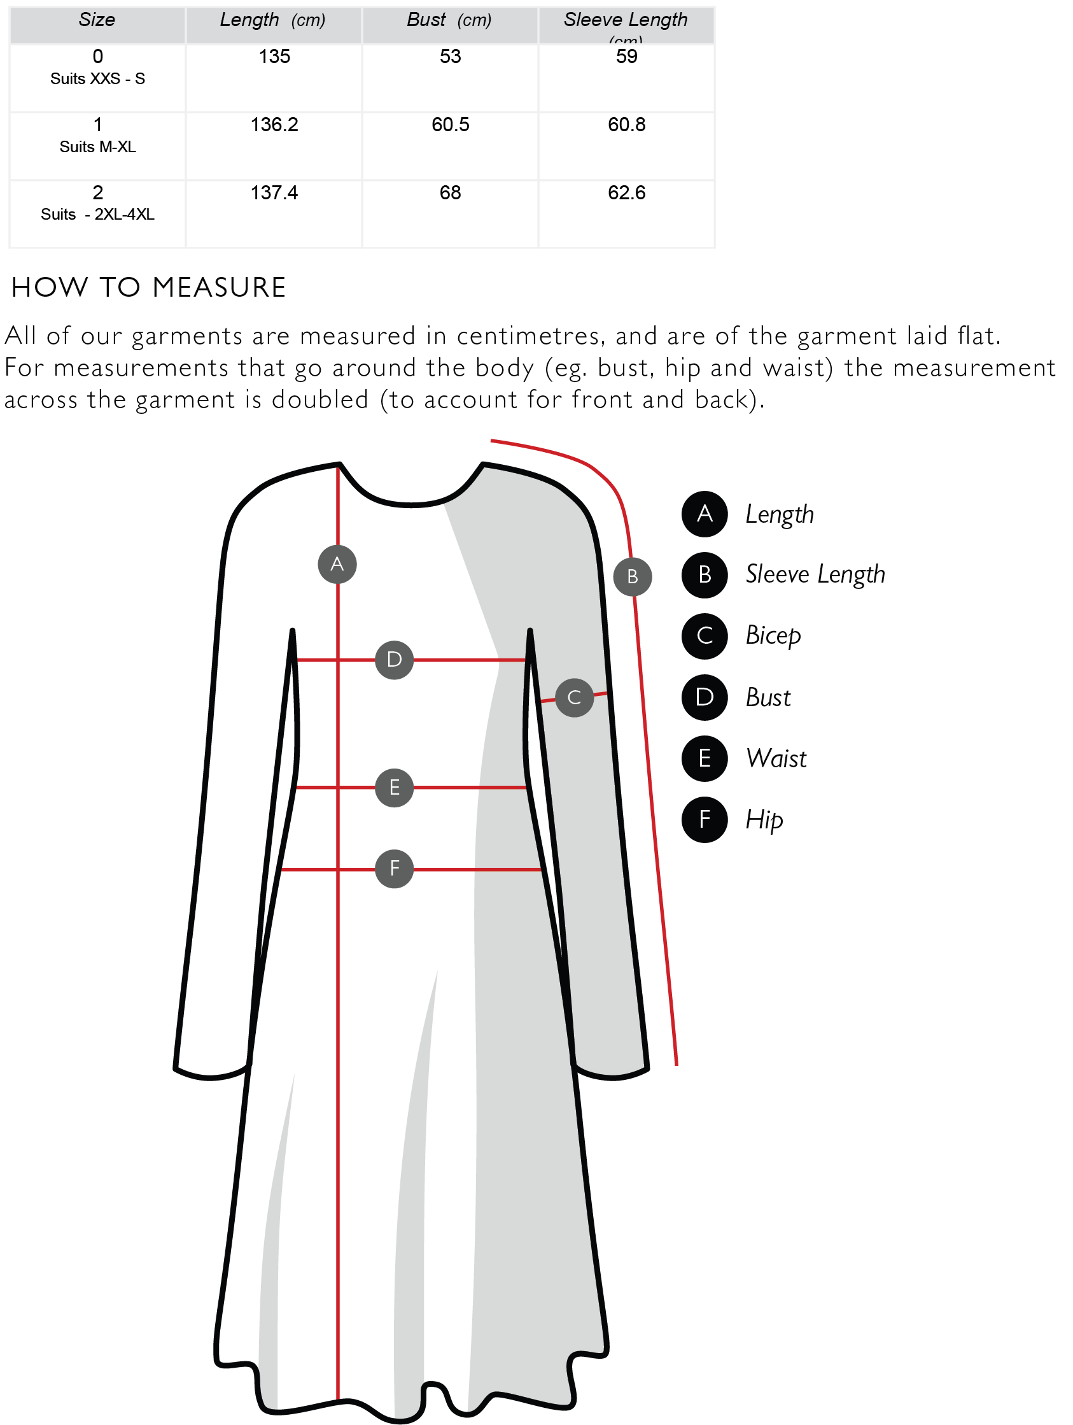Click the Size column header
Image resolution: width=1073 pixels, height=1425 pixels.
[x=97, y=20]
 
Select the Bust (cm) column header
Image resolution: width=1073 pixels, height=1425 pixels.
[x=449, y=20]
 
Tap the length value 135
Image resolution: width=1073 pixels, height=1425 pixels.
[x=274, y=57]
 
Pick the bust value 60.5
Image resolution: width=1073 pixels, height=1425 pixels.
[x=450, y=125]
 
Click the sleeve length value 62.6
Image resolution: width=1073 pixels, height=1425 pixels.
[x=627, y=193]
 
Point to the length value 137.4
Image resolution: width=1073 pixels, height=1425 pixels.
[x=274, y=193]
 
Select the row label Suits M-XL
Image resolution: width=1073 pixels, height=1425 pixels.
[x=97, y=147]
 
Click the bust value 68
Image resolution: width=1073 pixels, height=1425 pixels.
[x=450, y=193]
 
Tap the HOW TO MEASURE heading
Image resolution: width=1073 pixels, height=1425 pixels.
[x=149, y=287]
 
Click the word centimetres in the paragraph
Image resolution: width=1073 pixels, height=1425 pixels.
[x=530, y=336]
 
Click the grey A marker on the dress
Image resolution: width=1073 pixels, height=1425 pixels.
[x=337, y=564]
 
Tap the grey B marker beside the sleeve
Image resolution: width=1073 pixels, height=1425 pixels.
[x=633, y=577]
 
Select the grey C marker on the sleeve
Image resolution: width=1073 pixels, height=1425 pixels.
[x=575, y=697]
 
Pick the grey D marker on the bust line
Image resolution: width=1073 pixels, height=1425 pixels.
[x=394, y=660]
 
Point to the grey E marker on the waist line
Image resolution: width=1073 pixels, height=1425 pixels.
[x=394, y=787]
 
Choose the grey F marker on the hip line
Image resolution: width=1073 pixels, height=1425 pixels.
[x=394, y=868]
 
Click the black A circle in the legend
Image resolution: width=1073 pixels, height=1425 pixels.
[x=705, y=514]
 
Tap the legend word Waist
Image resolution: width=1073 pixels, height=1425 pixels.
[x=776, y=759]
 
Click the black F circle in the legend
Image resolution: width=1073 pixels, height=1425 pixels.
[x=705, y=819]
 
